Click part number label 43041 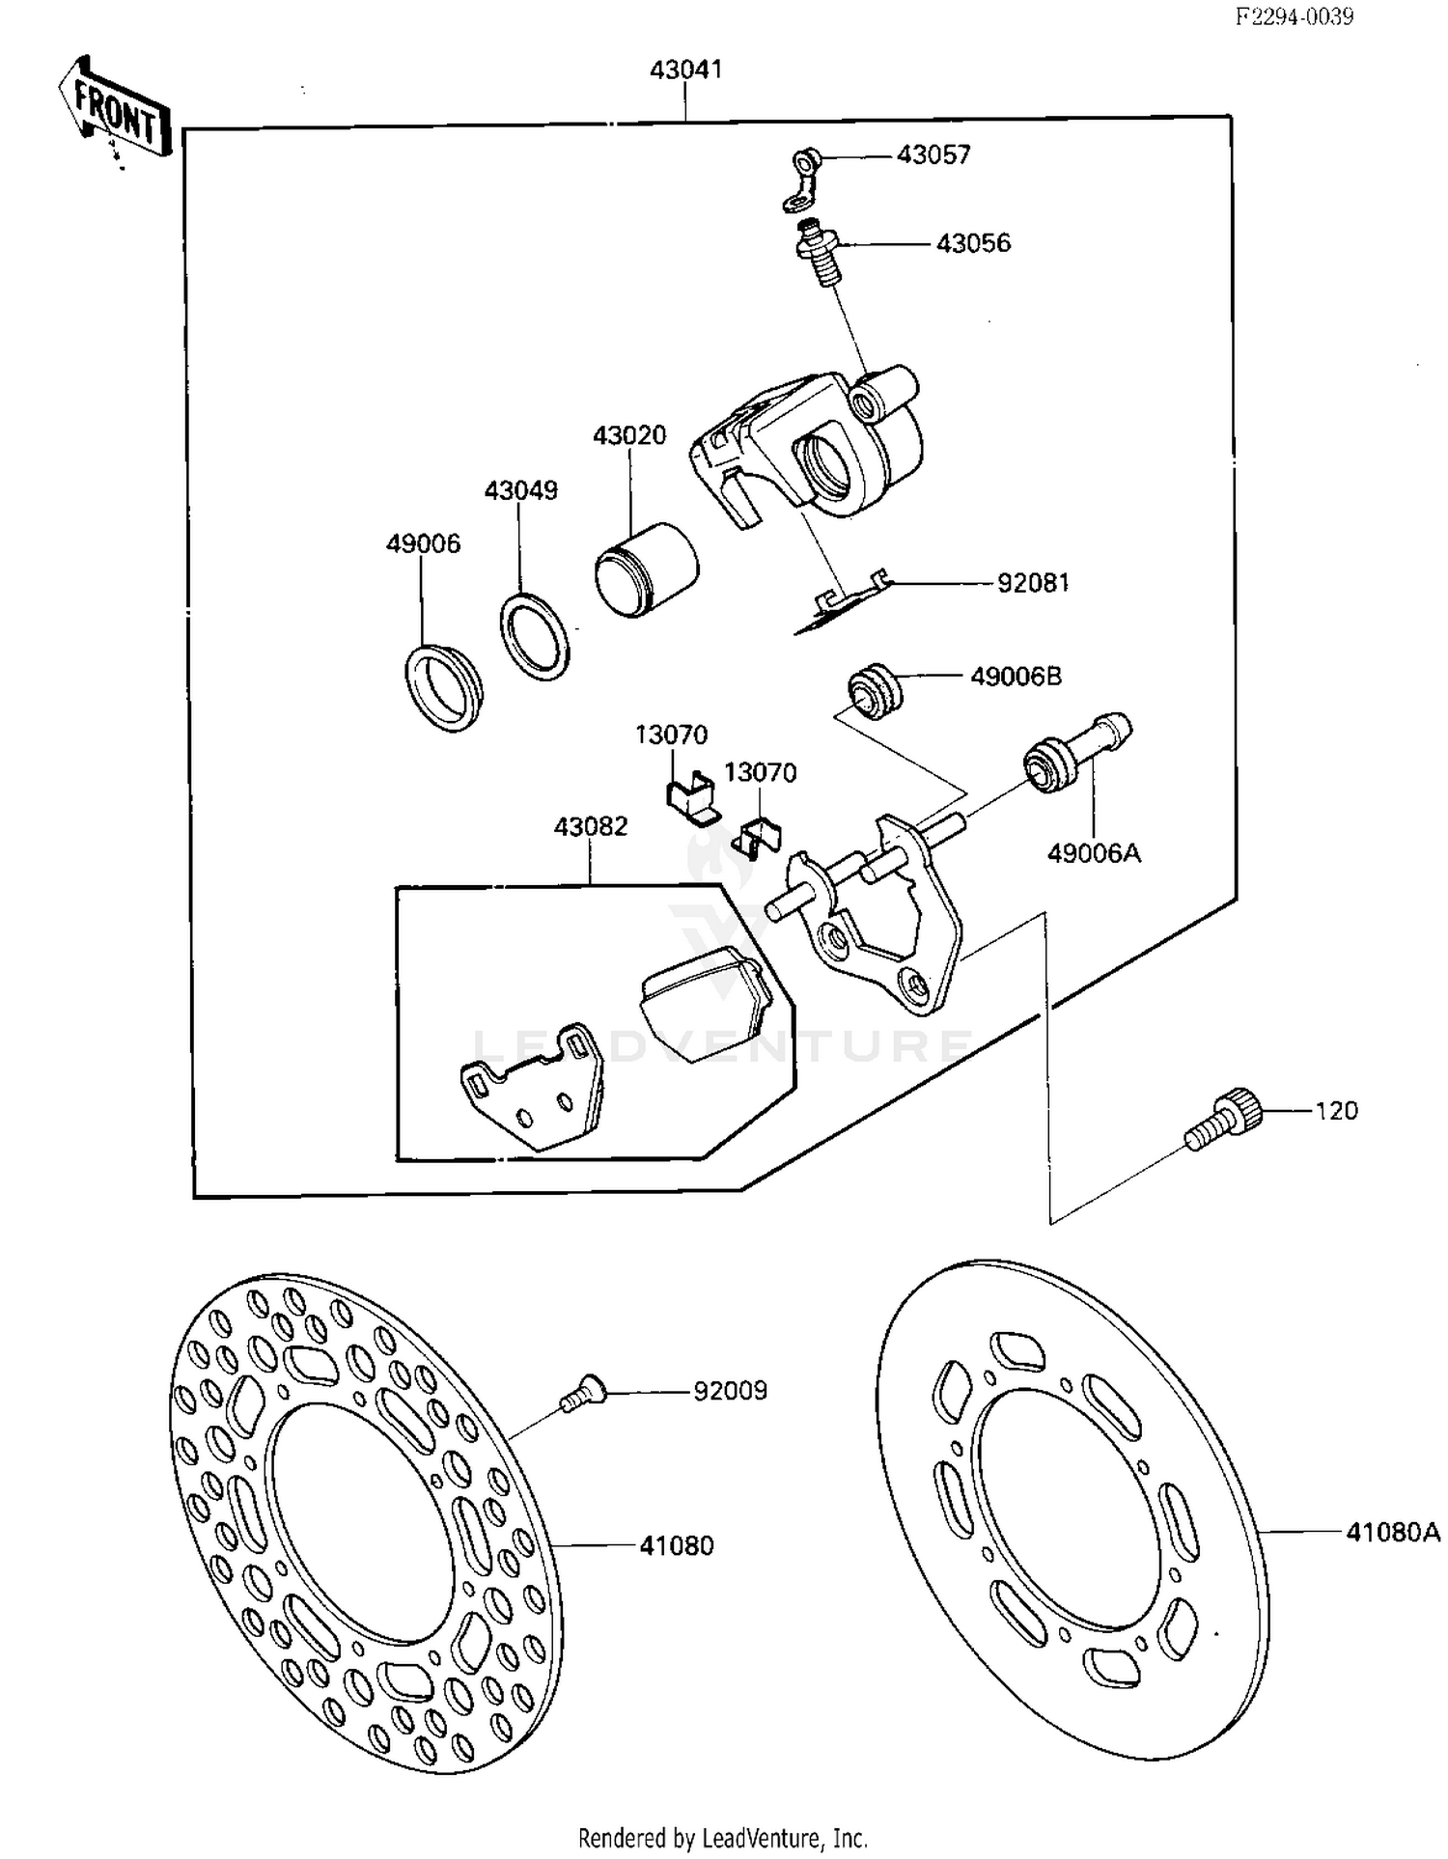[685, 70]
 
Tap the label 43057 [933, 155]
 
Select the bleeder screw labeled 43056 [819, 252]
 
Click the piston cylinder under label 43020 [646, 569]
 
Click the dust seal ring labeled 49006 [441, 684]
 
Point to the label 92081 [1033, 584]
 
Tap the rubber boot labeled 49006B [875, 690]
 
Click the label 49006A [1094, 853]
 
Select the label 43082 [590, 826]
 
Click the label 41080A [1392, 1532]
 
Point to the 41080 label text [676, 1545]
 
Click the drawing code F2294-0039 [1295, 16]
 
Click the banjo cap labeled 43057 [802, 179]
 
